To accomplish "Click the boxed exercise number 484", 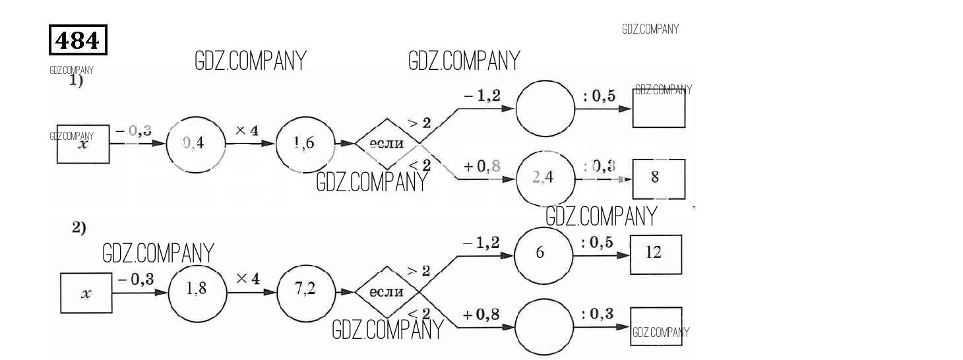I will (78, 40).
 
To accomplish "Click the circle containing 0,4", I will (195, 144).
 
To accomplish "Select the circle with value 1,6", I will (304, 144).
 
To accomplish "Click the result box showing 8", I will (658, 178).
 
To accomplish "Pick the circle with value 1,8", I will (197, 289).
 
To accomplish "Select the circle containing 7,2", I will (305, 290).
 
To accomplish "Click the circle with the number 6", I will (542, 254).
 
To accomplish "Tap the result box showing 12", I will (656, 254).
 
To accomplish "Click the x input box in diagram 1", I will (83, 144).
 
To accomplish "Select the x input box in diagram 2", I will (86, 293).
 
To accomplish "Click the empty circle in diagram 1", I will (545, 109).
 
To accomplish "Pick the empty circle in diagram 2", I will (544, 327).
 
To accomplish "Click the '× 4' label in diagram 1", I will (247, 131).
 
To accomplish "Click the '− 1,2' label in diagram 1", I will (481, 96).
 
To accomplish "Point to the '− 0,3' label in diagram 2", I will (136, 280).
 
